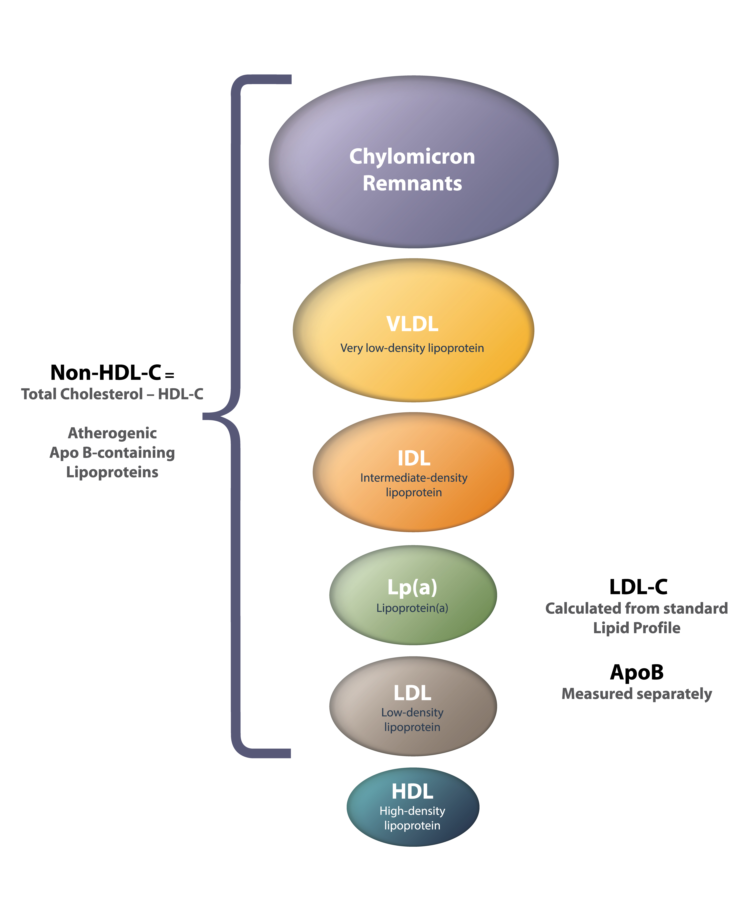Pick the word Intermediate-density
click(x=414, y=478)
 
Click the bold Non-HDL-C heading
click(x=105, y=372)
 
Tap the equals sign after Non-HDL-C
click(x=170, y=375)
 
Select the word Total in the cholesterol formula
click(x=39, y=394)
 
